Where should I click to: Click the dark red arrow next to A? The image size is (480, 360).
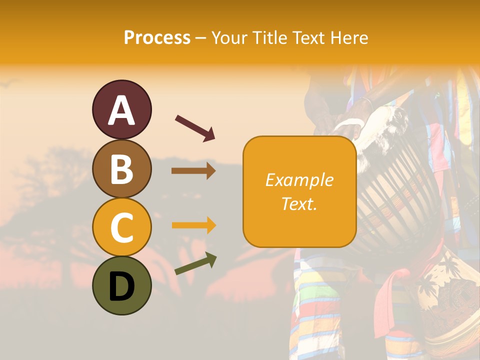pyautogui.click(x=195, y=127)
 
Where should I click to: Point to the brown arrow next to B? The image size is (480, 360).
pyautogui.click(x=193, y=171)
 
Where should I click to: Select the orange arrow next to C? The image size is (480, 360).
pyautogui.click(x=193, y=225)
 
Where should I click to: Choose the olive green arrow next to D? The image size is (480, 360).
pyautogui.click(x=195, y=264)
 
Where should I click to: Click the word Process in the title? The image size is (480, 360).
pyautogui.click(x=157, y=37)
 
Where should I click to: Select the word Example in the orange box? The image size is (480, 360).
pyautogui.click(x=299, y=180)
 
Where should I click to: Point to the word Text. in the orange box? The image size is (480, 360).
pyautogui.click(x=299, y=203)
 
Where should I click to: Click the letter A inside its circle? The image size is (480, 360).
pyautogui.click(x=121, y=110)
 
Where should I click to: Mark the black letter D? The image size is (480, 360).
pyautogui.click(x=121, y=286)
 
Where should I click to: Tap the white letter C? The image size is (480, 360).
pyautogui.click(x=121, y=227)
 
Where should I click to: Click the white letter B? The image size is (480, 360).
pyautogui.click(x=121, y=169)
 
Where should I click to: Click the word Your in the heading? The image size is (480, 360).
pyautogui.click(x=229, y=37)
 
